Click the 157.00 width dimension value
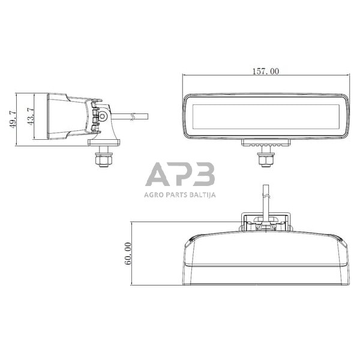click(x=266, y=71)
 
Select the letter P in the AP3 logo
click(x=181, y=174)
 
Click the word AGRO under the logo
click(x=155, y=194)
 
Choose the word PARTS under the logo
click(x=176, y=194)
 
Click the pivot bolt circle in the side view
click(x=104, y=115)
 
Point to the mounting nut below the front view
click(x=266, y=159)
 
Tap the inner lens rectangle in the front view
click(x=266, y=116)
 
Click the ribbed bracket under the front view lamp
click(x=266, y=143)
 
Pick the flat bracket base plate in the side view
click(x=103, y=142)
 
